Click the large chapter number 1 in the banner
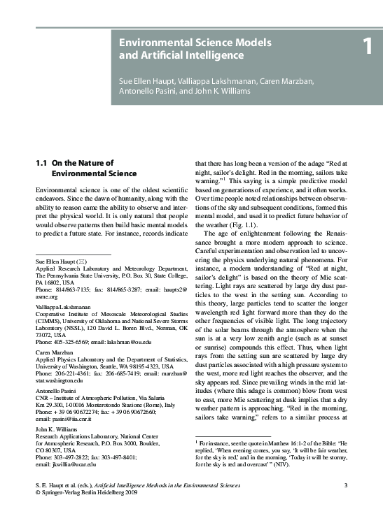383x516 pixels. click(x=368, y=47)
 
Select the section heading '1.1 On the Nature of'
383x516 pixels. click(x=75, y=163)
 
